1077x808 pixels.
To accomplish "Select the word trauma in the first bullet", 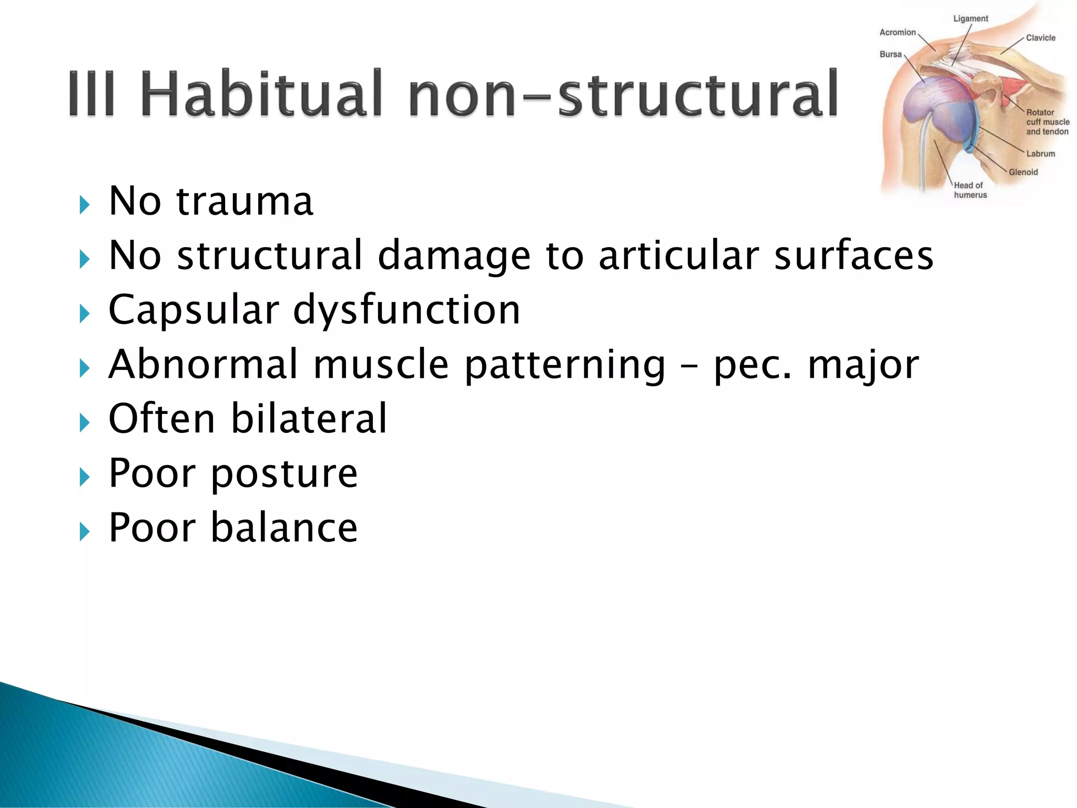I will (245, 201).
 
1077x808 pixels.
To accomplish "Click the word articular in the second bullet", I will (678, 255).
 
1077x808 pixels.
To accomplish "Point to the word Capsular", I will (194, 310).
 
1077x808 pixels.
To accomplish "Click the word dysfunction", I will (406, 310).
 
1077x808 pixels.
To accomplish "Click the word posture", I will (285, 473).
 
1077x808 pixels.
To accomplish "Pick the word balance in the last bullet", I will (285, 528).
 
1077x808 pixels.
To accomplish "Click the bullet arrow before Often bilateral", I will (84, 422).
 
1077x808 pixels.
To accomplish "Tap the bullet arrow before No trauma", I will (84, 205).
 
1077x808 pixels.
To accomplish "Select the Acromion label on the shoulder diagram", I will (897, 33).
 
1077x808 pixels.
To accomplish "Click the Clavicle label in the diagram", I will (1040, 38).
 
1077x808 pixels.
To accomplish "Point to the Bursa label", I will (890, 54).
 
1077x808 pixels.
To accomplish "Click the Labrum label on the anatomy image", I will (1040, 154).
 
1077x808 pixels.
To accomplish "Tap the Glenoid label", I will (1023, 172).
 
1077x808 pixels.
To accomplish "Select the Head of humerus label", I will (970, 190).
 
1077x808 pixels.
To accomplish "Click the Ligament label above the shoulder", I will (970, 18).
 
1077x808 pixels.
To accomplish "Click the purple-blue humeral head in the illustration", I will (933, 110).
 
